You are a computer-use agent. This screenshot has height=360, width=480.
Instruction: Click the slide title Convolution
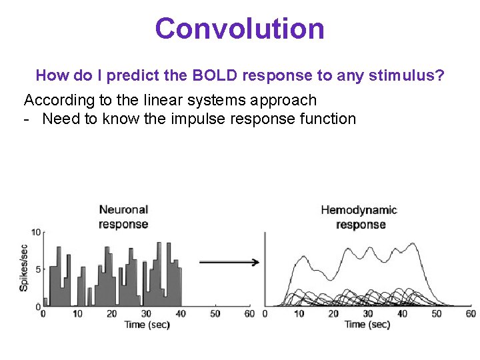coord(240,29)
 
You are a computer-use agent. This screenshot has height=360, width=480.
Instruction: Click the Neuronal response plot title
coord(123,217)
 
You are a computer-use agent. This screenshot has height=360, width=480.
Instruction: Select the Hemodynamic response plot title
coord(360,217)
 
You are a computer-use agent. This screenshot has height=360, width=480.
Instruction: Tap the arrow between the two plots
coord(229,263)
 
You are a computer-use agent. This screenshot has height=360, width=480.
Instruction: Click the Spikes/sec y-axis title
coord(25,267)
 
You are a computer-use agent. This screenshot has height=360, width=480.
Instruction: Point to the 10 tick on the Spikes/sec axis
coord(37,233)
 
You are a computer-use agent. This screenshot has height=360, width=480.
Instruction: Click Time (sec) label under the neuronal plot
coord(147,325)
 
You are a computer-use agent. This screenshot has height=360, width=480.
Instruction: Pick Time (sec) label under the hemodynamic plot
coord(367,325)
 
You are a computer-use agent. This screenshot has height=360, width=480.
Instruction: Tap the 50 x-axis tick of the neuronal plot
coord(215,313)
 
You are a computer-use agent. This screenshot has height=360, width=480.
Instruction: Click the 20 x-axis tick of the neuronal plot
coord(111,313)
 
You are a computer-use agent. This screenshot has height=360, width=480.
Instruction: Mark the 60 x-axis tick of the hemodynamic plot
coord(471,313)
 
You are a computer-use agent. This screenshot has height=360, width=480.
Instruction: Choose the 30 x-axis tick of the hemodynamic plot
coord(368,313)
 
